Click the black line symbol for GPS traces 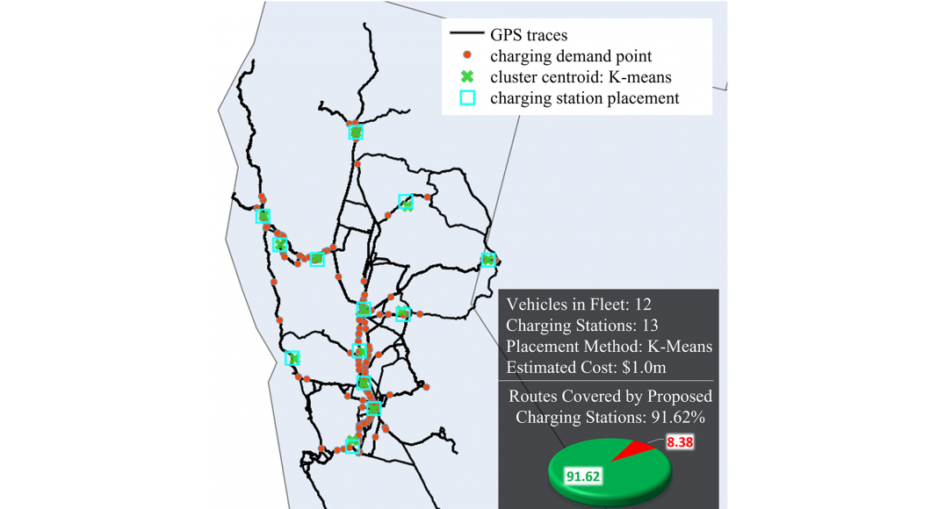tap(466, 32)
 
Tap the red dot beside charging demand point tap(467, 55)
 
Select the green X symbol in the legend tap(467, 76)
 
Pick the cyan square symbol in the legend tap(467, 98)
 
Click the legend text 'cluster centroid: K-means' tap(581, 77)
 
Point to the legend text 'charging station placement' tap(584, 98)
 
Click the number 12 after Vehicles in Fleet tap(643, 305)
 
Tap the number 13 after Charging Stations tap(650, 325)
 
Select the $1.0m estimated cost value tap(644, 367)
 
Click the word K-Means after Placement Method tap(680, 346)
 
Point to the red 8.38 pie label tap(680, 442)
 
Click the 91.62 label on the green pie tap(583, 477)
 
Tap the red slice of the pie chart tap(635, 450)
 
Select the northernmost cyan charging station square tap(356, 132)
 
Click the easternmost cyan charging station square tap(488, 260)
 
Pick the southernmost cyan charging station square tap(353, 446)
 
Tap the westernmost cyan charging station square tap(263, 216)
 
